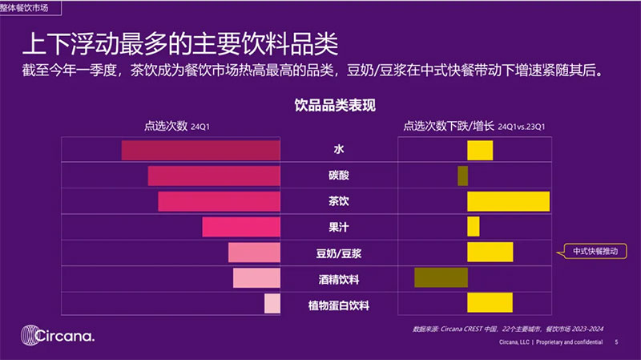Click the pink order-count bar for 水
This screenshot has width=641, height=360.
(200, 150)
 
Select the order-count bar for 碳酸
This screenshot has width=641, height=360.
(214, 176)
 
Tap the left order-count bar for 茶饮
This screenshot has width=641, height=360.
(219, 201)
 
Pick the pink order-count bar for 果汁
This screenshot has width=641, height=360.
(241, 227)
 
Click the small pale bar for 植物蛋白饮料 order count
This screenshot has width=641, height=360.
(272, 304)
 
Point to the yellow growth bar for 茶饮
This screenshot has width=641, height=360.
(508, 201)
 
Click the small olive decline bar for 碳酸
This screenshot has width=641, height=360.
(462, 176)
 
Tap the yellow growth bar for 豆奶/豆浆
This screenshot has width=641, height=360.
(490, 252)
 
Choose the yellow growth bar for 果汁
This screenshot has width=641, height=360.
(473, 227)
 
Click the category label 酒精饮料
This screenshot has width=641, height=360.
(338, 279)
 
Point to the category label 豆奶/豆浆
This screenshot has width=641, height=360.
(338, 253)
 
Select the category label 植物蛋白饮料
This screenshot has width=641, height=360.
(338, 305)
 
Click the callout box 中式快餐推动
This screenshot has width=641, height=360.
(596, 252)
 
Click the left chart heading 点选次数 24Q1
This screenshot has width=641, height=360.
(176, 126)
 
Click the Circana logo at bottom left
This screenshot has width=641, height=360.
(58, 334)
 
